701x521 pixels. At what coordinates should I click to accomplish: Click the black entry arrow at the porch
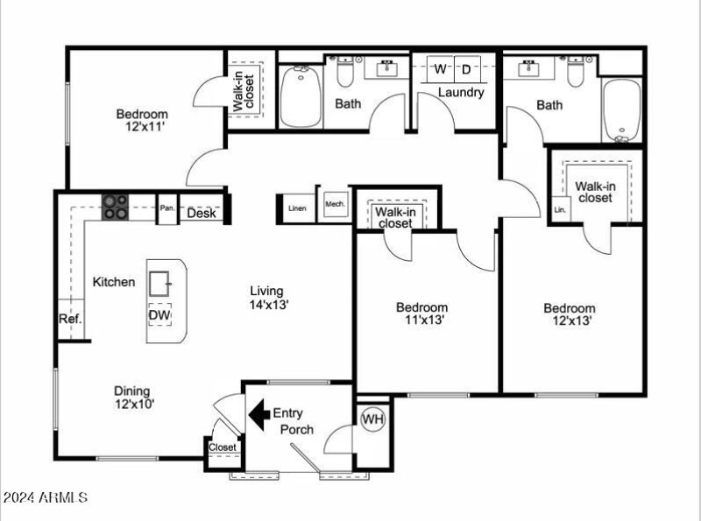tap(258, 412)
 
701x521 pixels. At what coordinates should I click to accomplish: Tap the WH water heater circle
tap(373, 420)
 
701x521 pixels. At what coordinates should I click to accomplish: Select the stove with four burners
tap(115, 207)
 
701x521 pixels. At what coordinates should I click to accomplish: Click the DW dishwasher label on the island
tap(159, 315)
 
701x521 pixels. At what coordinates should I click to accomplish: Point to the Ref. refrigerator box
tap(70, 320)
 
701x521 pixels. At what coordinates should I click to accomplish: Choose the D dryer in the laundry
tap(466, 68)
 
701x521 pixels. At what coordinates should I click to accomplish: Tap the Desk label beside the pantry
tap(202, 213)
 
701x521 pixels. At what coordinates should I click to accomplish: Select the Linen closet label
tap(297, 208)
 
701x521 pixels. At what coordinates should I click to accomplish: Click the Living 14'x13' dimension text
tap(268, 306)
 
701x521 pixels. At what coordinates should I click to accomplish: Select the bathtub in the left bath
tap(301, 97)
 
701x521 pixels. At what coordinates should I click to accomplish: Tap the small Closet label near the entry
tap(222, 447)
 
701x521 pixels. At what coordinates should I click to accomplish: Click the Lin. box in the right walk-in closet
tap(560, 210)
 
